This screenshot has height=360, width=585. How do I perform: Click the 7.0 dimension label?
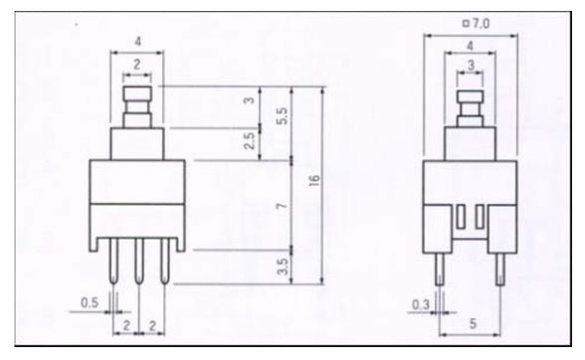(x=482, y=24)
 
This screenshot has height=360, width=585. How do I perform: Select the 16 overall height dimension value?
(x=314, y=179)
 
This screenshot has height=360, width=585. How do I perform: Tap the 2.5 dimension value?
(x=249, y=140)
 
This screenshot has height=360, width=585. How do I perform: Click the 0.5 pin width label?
(x=90, y=302)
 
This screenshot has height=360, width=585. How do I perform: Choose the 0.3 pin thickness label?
(x=421, y=305)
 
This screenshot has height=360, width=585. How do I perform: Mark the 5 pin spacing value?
(x=473, y=323)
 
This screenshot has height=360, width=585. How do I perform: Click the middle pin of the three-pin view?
(x=139, y=261)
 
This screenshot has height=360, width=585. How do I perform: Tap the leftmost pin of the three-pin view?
(x=113, y=261)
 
